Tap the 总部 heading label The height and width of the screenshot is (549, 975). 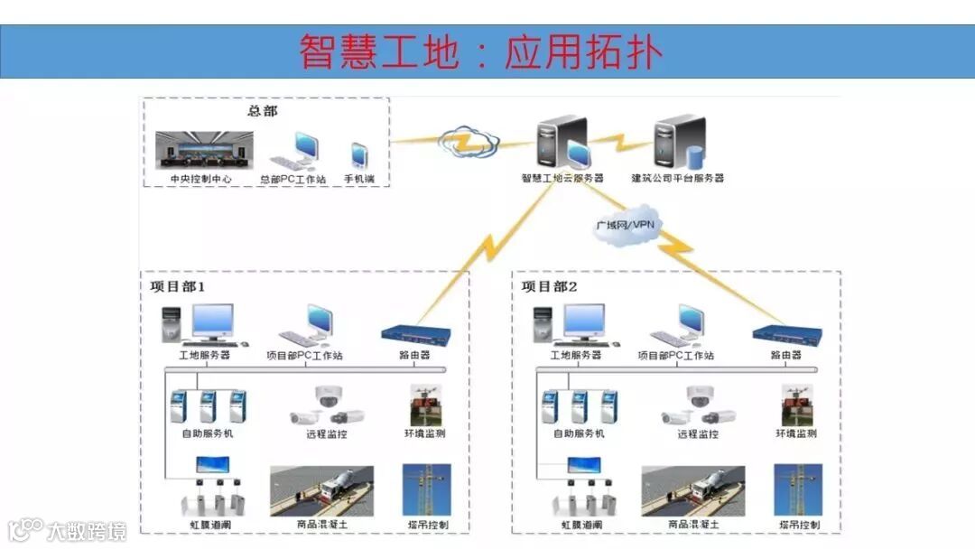pyautogui.click(x=263, y=111)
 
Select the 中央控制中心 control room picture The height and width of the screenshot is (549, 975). pyautogui.click(x=204, y=150)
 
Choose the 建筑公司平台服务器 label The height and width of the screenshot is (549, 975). pyautogui.click(x=677, y=179)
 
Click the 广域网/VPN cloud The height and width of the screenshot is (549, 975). pyautogui.click(x=625, y=223)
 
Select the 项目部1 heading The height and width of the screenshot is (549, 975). pyautogui.click(x=178, y=287)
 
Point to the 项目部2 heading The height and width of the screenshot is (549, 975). pyautogui.click(x=549, y=287)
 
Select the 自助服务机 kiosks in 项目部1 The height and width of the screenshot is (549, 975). pyautogui.click(x=209, y=407)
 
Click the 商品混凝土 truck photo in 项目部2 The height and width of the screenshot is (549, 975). pyautogui.click(x=693, y=490)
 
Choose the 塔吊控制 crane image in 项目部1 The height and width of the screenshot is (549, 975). pyautogui.click(x=426, y=490)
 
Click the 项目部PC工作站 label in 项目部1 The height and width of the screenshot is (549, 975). pyautogui.click(x=305, y=356)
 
